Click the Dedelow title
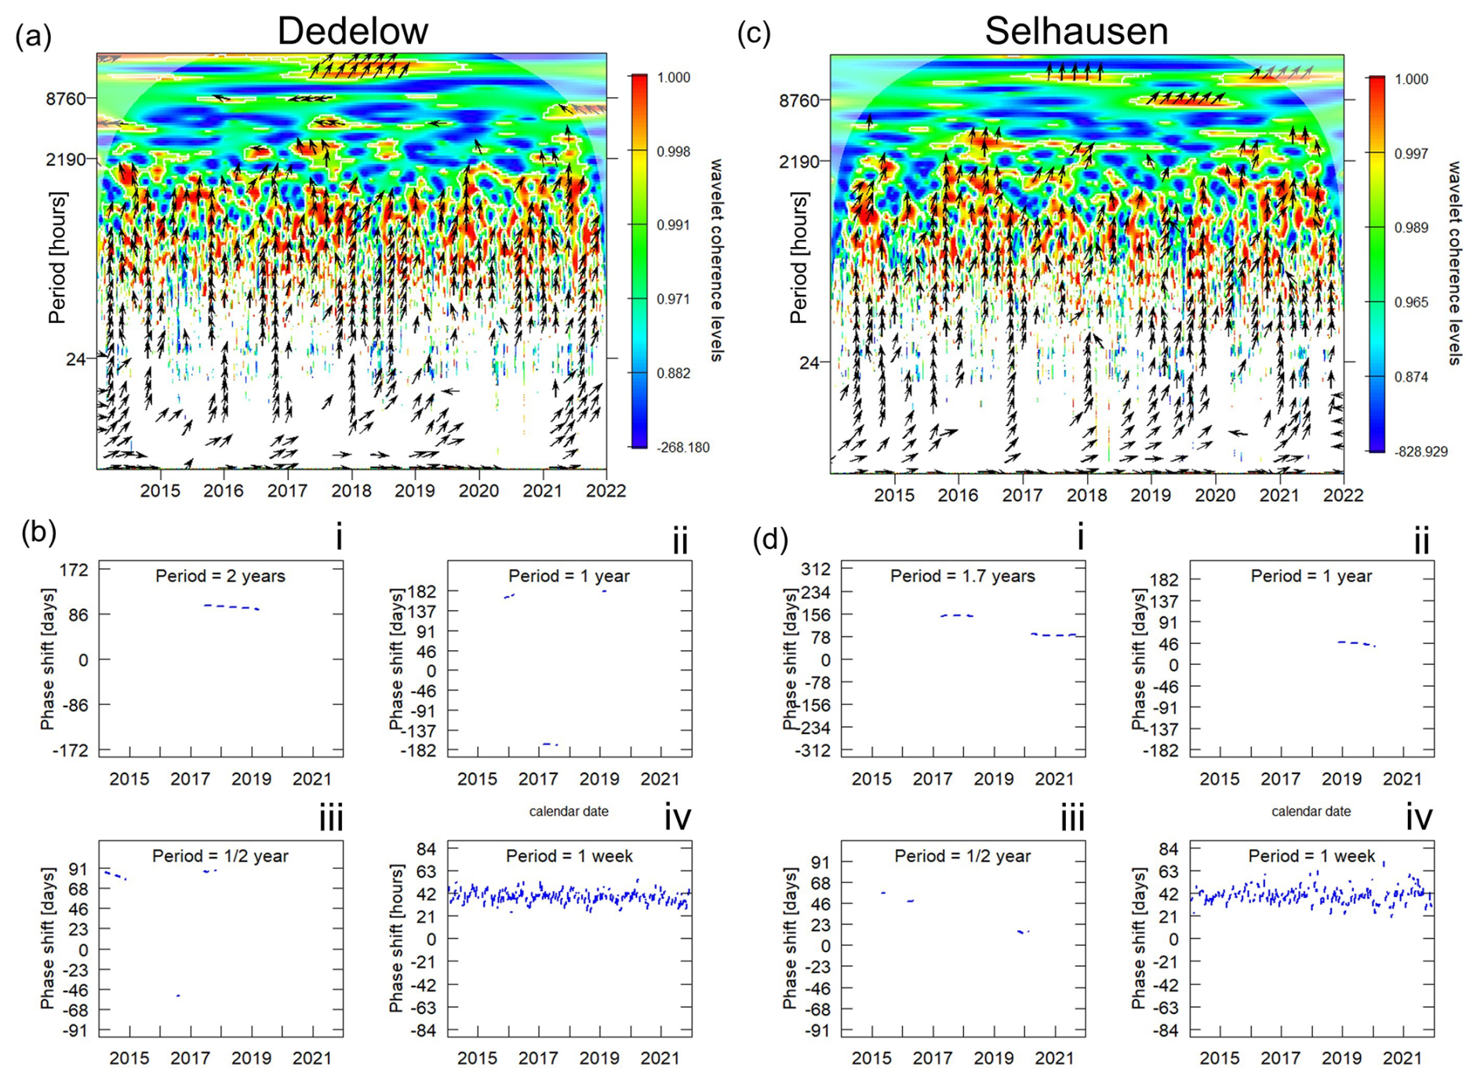pos(352,31)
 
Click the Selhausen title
pos(1076,31)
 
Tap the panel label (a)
pos(33,36)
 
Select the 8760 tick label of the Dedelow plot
pos(70,99)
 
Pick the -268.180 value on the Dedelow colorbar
pos(683,448)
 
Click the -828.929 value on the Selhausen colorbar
pos(1420,452)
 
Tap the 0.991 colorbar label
pos(673,225)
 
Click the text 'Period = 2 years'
pos(220,576)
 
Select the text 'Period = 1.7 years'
pos(962,576)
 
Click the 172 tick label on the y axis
pos(74,569)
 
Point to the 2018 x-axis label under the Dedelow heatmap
pos(351,491)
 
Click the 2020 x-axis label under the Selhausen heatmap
pos(1214,496)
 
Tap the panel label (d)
pos(770,540)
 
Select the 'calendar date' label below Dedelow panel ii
pos(569,812)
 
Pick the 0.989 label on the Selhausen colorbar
pos(1411,228)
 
